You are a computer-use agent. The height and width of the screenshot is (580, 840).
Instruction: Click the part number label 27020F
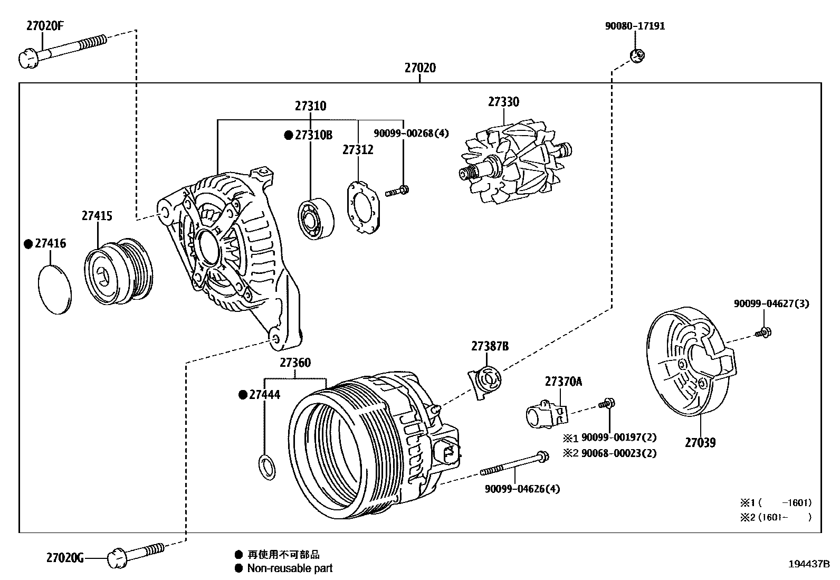click(x=45, y=26)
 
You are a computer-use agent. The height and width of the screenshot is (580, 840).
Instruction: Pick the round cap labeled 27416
click(x=55, y=290)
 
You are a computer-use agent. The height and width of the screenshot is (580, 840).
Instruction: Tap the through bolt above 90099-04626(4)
click(x=514, y=464)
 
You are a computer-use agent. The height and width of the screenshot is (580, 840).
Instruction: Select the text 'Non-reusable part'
click(x=290, y=568)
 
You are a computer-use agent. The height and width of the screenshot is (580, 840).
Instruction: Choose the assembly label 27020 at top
click(x=420, y=68)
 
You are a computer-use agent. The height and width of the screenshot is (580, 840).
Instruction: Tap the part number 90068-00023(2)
click(x=618, y=453)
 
